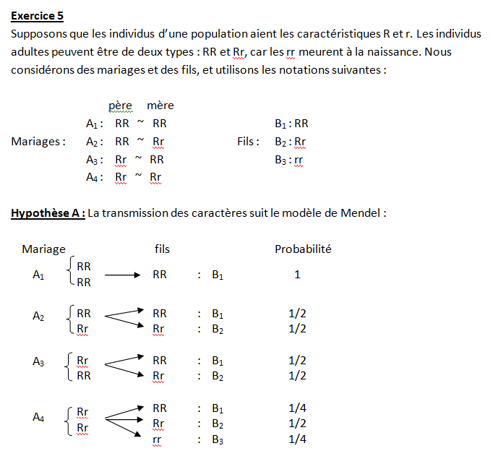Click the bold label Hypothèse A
(48, 213)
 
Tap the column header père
(120, 106)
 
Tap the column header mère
(160, 106)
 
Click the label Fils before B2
(248, 142)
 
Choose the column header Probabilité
(303, 249)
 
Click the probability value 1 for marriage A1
(297, 275)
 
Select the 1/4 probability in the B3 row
(297, 439)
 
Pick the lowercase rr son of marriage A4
(158, 439)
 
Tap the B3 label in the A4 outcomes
(218, 439)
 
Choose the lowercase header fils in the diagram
(162, 249)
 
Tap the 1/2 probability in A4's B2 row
(297, 424)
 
